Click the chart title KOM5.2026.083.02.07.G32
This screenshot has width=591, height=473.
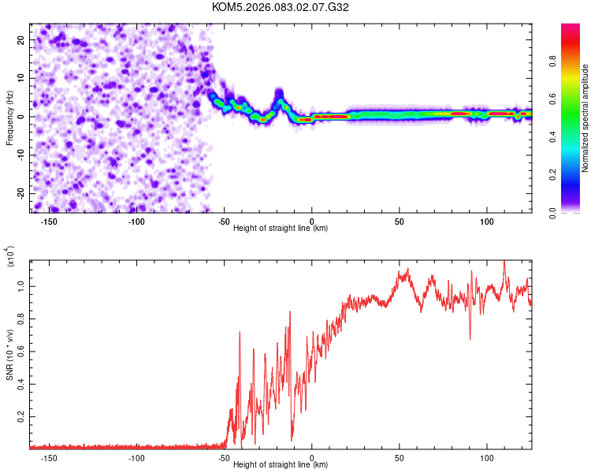(x=281, y=7)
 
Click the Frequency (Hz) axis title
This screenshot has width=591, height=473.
(x=9, y=117)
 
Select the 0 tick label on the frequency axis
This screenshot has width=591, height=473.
(x=24, y=117)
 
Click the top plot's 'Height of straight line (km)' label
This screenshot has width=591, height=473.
(x=281, y=229)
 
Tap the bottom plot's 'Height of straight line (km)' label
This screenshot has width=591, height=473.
(x=281, y=465)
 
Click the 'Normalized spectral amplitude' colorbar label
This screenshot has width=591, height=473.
(x=585, y=119)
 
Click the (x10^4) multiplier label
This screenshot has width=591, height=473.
(x=10, y=257)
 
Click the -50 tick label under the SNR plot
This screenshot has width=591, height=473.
(x=224, y=457)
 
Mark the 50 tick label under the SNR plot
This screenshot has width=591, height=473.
(x=400, y=457)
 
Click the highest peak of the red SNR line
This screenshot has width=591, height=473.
(x=504, y=261)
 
